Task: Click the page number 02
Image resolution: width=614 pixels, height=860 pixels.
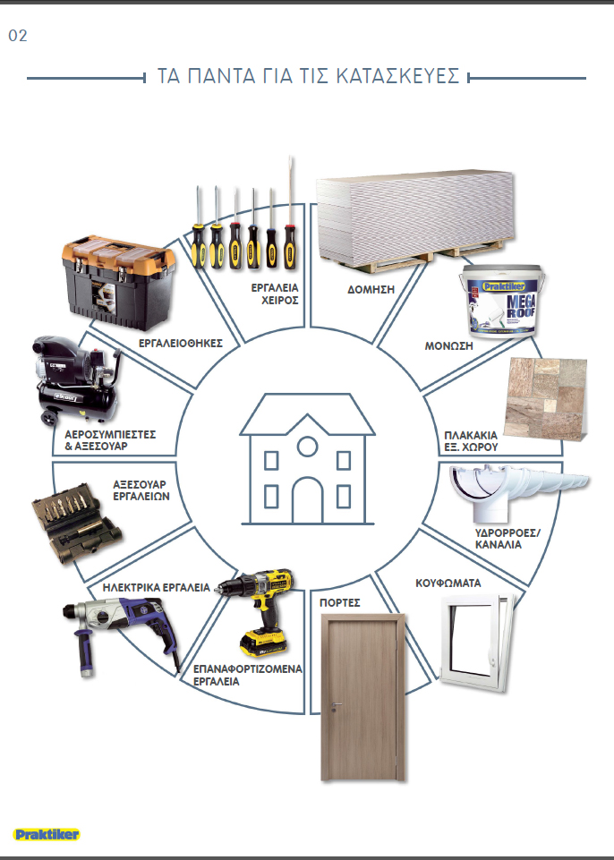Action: pos(18,36)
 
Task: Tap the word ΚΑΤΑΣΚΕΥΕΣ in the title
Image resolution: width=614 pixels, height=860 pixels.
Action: pos(397,76)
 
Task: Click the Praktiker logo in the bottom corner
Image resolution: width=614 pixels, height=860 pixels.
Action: pos(47,834)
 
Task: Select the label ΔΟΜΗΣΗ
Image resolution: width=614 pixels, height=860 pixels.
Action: pos(371,290)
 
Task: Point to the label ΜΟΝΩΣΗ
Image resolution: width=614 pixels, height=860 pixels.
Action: pos(448,345)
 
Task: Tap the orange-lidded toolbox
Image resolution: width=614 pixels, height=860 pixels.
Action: pos(118,282)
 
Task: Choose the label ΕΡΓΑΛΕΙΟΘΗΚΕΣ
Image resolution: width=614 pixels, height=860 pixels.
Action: pos(181,344)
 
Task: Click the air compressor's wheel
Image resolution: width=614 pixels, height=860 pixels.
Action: pos(49,419)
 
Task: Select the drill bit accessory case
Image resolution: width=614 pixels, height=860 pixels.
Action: pos(76,523)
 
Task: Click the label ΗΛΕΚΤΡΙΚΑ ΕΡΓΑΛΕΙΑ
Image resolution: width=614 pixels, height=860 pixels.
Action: pos(157,587)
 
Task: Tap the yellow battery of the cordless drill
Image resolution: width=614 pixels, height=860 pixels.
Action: pos(263,643)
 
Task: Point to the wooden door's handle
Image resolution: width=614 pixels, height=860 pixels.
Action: pos(336,706)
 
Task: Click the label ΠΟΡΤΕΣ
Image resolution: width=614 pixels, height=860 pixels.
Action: pos(339,603)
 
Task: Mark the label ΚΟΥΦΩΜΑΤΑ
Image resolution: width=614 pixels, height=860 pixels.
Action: pos(448,583)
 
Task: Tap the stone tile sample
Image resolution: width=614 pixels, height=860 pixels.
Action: pos(547,399)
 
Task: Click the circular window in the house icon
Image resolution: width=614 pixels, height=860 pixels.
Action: pos(307,447)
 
